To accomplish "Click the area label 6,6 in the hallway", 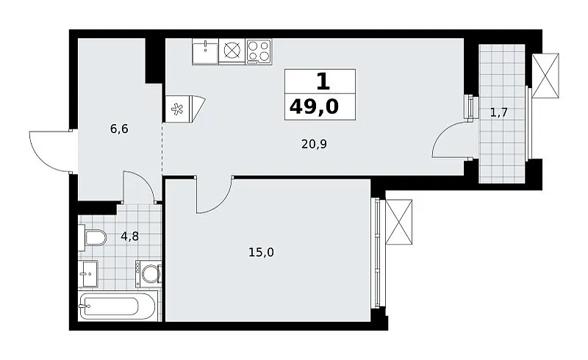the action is point(119,129).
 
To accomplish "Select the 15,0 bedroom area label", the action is point(262,253).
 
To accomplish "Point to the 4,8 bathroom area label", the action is point(130,237).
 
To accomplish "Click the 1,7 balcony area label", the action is point(499,112).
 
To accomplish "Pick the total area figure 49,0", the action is point(315,107).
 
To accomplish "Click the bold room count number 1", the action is point(323,82).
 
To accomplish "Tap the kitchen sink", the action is point(205,51).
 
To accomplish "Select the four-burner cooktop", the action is point(259,51).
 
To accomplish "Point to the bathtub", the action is point(118,306).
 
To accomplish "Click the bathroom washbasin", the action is point(88,274).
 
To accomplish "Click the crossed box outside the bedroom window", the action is point(398,222).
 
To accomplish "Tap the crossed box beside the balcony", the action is point(545,76).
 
